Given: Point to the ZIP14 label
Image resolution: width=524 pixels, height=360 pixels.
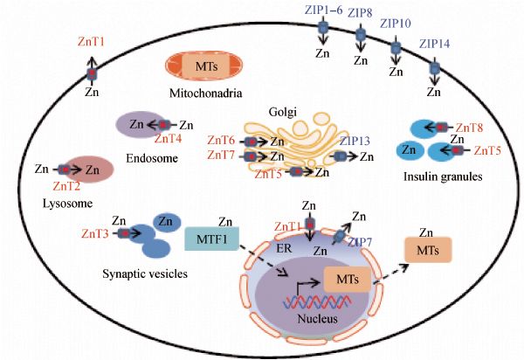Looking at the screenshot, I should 436,44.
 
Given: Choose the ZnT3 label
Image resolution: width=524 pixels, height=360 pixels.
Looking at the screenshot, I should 94,233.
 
